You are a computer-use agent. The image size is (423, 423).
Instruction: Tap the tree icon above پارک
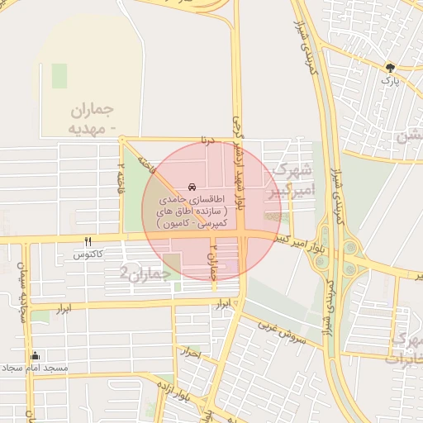pos(390,69)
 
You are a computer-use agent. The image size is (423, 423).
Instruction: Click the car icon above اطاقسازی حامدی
pos(192,187)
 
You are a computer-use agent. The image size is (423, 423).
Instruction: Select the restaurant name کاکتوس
pos(88,254)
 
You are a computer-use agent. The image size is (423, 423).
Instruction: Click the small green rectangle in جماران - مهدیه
pos(59,75)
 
